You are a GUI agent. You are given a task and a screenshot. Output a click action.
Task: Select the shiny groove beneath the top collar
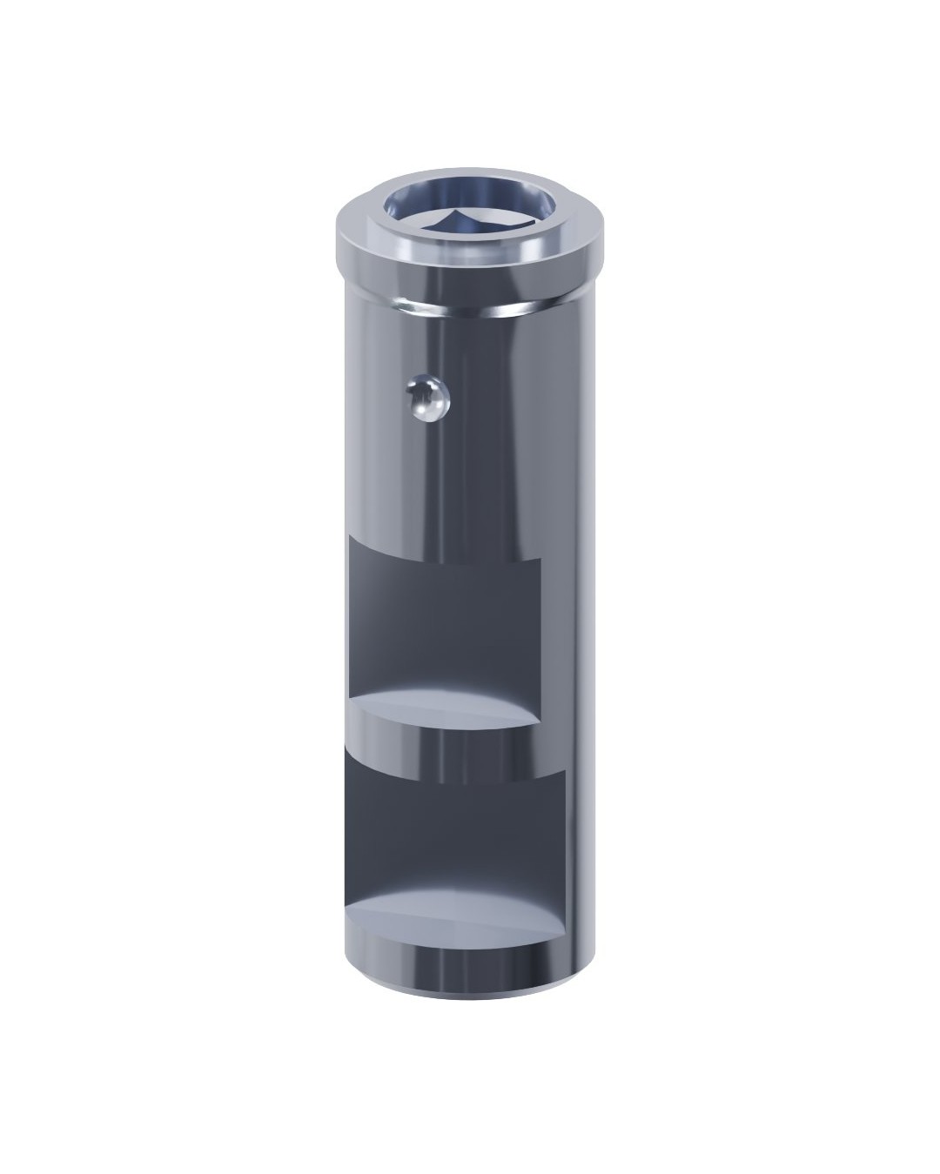click(x=470, y=306)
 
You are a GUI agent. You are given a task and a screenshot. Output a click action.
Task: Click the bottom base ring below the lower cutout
click(x=461, y=966)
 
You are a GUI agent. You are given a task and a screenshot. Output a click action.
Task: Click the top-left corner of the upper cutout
click(x=349, y=537)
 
